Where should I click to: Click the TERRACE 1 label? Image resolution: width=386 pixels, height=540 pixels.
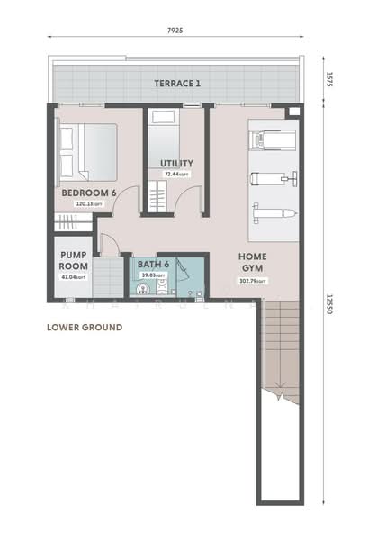click(x=177, y=84)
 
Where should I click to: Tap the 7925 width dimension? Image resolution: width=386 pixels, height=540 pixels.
click(x=175, y=30)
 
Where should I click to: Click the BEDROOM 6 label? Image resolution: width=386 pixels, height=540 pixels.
click(x=89, y=193)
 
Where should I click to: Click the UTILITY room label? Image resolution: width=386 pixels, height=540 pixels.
click(x=176, y=163)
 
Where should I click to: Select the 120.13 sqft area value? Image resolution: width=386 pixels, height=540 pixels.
click(x=88, y=203)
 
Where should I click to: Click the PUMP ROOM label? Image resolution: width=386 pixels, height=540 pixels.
click(x=72, y=261)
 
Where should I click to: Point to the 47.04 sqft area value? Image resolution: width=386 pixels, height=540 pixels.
click(x=72, y=278)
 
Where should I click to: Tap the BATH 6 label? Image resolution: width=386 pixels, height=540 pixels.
click(x=153, y=264)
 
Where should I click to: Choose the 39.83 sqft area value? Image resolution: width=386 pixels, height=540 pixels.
click(x=153, y=274)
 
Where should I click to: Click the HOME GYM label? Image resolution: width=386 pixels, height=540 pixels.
click(x=252, y=262)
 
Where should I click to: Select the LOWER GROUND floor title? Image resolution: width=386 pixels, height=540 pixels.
click(x=84, y=328)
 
